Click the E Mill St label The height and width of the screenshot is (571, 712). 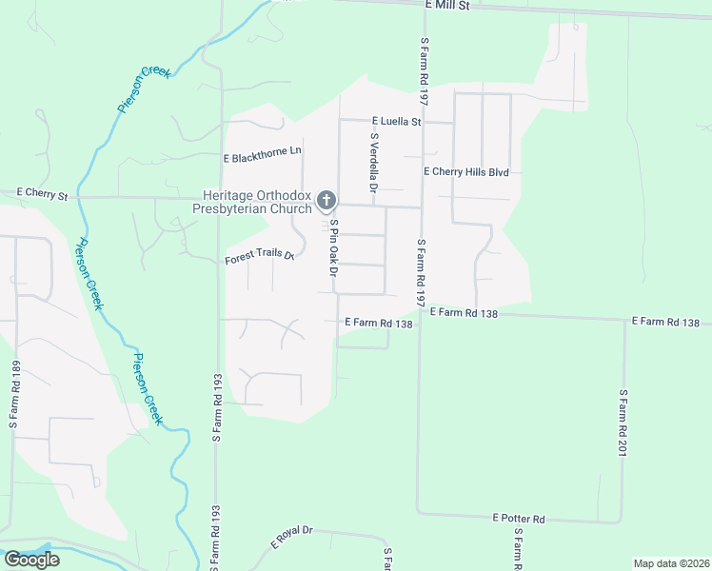(x=447, y=6)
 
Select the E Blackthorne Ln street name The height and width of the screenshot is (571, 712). (x=262, y=152)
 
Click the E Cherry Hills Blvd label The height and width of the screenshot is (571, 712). (x=466, y=172)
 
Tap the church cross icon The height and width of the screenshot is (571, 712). (x=326, y=200)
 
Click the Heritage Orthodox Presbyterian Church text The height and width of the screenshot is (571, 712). (x=252, y=201)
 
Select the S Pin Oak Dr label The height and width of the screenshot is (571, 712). (x=334, y=248)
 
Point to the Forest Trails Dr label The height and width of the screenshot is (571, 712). (x=260, y=257)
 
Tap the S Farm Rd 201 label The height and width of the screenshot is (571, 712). (x=623, y=421)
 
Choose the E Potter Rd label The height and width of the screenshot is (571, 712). (x=518, y=519)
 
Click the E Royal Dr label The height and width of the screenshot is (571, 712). (x=291, y=538)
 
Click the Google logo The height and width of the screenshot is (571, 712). (x=31, y=559)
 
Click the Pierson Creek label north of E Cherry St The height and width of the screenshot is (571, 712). (x=144, y=89)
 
